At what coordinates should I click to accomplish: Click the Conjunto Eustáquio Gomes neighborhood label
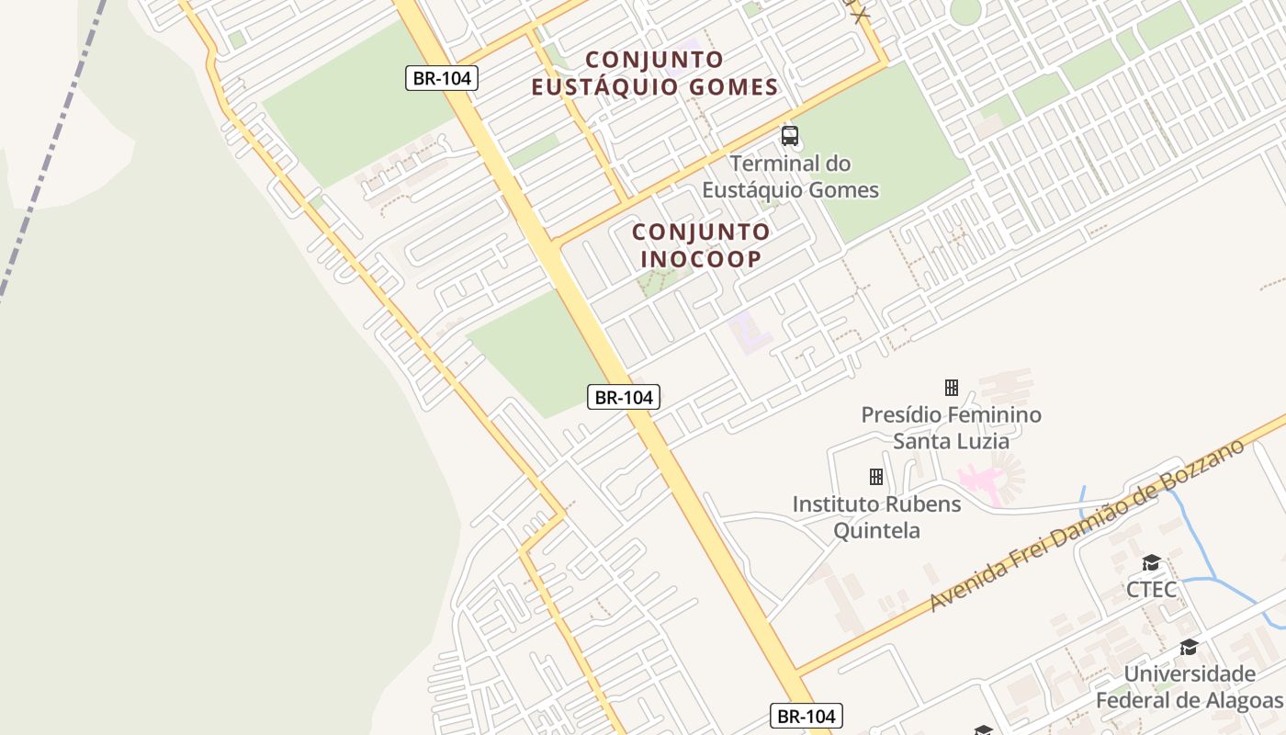654,73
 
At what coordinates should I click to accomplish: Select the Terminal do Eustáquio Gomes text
790,177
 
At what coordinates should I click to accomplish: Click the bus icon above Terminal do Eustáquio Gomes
789,137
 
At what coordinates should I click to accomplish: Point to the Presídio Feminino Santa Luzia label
951,428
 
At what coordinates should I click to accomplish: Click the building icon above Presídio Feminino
952,388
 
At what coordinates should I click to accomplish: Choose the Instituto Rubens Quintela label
876,517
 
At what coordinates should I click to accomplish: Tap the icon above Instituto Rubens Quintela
876,477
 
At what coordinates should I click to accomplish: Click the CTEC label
1151,590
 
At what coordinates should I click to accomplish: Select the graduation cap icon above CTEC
1151,563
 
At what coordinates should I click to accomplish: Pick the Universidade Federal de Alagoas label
1189,687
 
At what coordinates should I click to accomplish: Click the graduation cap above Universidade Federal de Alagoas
1189,648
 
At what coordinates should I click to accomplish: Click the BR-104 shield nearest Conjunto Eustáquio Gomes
442,78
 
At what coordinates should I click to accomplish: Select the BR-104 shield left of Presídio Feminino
624,397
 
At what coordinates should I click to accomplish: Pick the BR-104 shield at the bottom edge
806,717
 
